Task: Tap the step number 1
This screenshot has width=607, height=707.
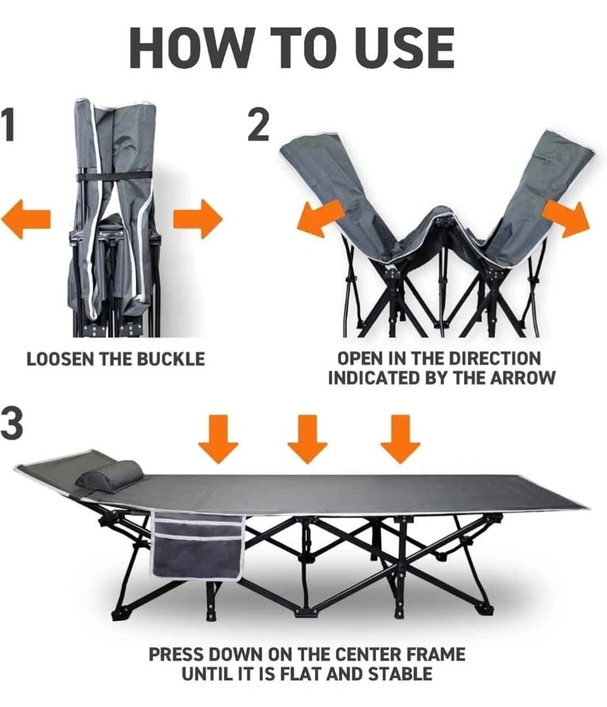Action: [x=7, y=124]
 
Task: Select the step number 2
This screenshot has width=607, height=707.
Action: [x=258, y=125]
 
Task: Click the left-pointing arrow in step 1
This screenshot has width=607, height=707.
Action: [x=26, y=219]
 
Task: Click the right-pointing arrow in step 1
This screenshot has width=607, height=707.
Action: [x=198, y=219]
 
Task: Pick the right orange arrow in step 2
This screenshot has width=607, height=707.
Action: [x=566, y=219]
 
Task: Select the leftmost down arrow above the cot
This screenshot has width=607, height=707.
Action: [x=219, y=439]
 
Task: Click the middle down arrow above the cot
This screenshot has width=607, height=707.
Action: [x=308, y=439]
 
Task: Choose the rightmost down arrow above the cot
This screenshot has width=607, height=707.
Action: [x=400, y=439]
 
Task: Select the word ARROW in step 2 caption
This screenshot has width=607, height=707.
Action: [x=522, y=378]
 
